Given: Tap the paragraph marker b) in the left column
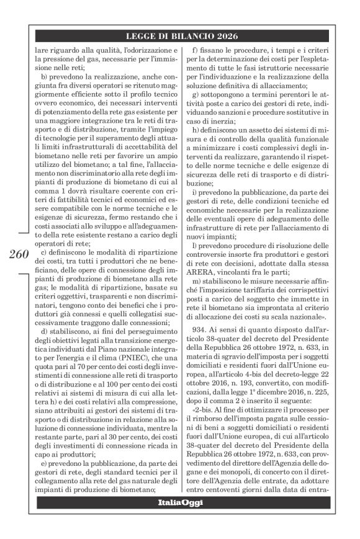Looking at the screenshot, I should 45,76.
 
